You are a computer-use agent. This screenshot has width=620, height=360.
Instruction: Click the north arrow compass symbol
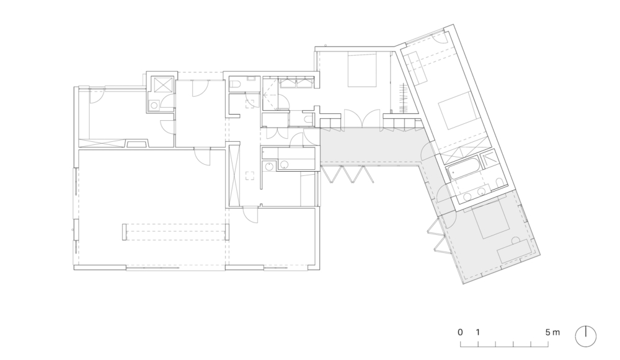coord(585,336)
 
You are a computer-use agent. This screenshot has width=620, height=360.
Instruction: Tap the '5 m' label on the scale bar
coord(553,332)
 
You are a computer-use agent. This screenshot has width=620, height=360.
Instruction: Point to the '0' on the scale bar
coord(460,332)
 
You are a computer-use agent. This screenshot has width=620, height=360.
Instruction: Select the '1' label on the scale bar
coord(478,332)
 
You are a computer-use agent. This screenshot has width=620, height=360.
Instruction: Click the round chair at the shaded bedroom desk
coord(515,240)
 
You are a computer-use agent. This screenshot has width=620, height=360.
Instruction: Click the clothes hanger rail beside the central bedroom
coord(404,98)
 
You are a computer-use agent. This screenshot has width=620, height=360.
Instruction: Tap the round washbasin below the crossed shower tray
coord(154,105)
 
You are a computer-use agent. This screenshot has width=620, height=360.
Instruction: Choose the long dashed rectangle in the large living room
coord(176,232)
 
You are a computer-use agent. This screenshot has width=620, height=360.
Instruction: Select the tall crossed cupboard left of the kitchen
coord(234,175)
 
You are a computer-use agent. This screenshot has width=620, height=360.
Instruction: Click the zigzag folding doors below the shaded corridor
coord(347,174)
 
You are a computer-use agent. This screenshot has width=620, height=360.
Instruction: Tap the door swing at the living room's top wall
coord(203,157)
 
